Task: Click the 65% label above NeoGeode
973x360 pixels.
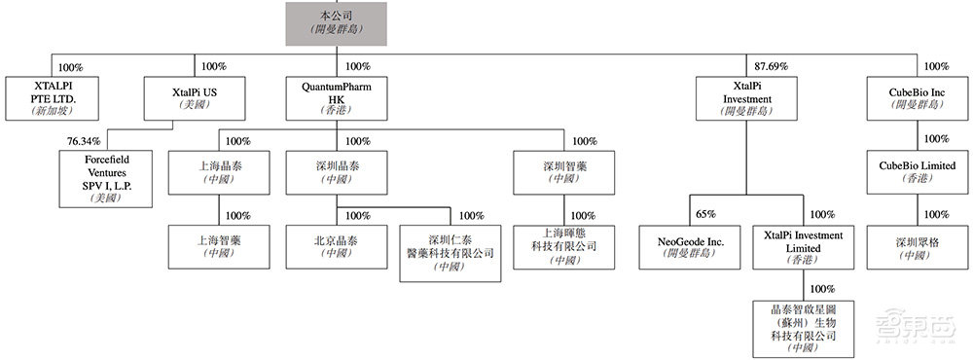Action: (x=707, y=214)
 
